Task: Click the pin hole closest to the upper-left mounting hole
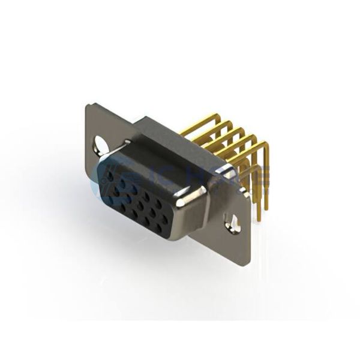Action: click(x=110, y=170)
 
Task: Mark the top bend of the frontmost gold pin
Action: click(x=263, y=145)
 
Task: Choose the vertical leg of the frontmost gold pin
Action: click(x=262, y=180)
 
